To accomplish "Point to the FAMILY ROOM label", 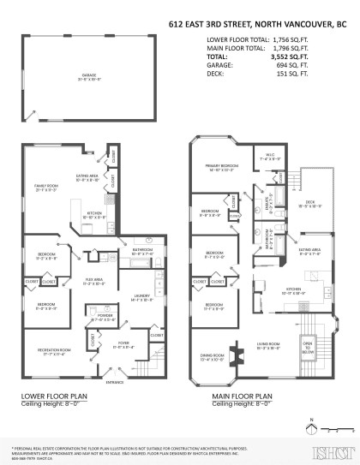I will coord(45,185).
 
